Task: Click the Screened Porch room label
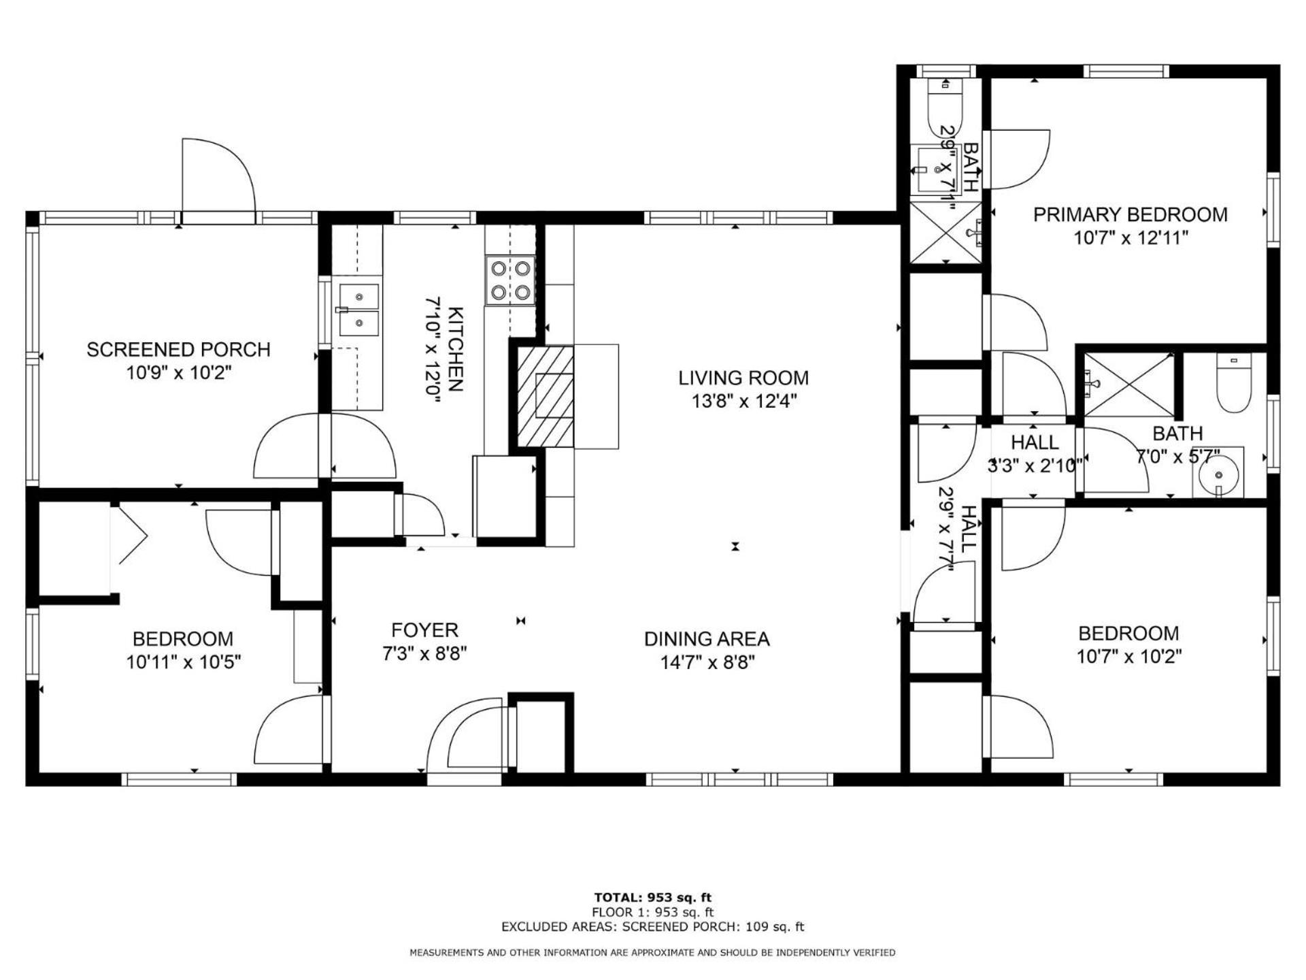178,350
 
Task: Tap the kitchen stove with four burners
510,280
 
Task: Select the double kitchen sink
358,310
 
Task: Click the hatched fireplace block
545,396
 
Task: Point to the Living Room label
743,378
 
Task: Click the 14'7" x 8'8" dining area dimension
707,662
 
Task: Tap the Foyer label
424,630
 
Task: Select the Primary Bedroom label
1131,215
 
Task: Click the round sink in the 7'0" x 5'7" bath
1217,472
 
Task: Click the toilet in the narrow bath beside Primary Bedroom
945,105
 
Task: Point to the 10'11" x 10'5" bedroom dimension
184,661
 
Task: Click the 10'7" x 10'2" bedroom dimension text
1129,657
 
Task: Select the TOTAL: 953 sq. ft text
653,898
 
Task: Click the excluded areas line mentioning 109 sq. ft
653,927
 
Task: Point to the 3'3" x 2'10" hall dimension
1035,465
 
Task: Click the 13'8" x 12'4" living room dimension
744,401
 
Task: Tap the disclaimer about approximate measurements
652,953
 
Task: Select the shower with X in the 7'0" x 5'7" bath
1129,385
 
